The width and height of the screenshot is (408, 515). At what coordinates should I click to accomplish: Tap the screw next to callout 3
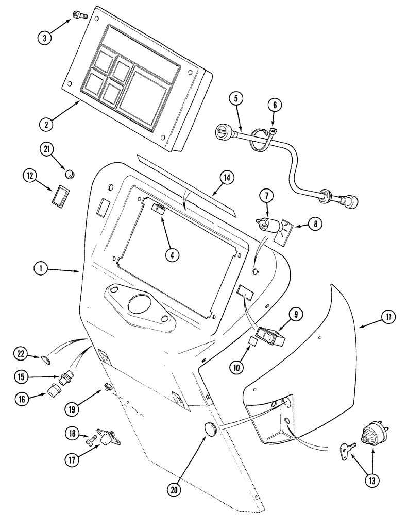click(x=78, y=16)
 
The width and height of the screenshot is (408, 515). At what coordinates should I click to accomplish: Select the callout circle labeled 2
click(x=46, y=124)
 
